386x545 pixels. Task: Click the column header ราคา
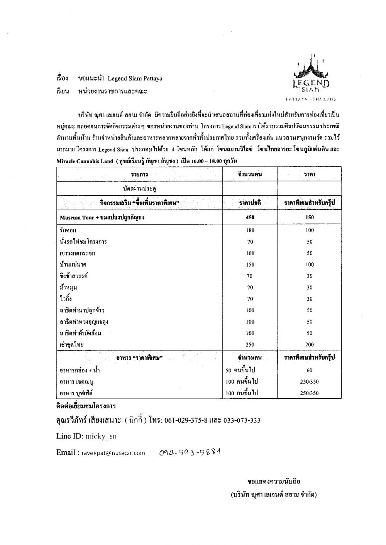click(309, 175)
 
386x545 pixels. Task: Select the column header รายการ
click(139, 175)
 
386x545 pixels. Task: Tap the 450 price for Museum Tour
click(250, 217)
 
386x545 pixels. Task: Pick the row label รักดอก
click(68, 230)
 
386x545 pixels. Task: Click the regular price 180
click(250, 230)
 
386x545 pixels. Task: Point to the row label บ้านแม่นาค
click(73, 265)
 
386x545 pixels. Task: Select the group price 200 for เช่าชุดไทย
click(309, 345)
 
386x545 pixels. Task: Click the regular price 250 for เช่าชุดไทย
click(250, 345)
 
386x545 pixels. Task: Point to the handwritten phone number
click(191, 452)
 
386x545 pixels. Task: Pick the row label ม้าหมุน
click(69, 288)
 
